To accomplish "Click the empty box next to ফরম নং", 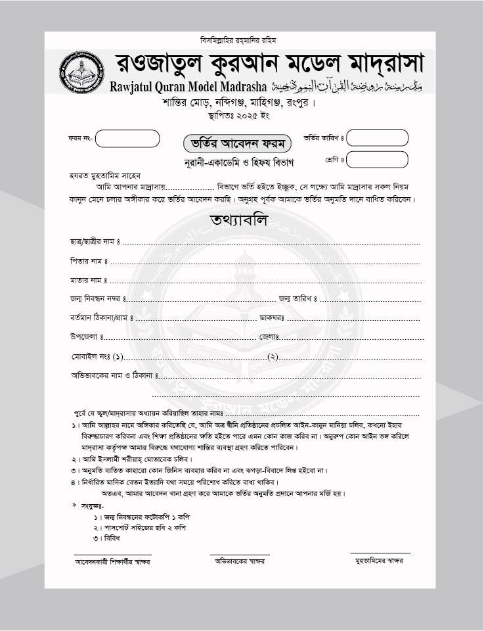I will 128,139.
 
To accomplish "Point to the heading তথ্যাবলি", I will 239,220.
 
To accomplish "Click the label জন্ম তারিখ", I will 297,299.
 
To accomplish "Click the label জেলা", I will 269,337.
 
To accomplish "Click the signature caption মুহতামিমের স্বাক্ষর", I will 379,561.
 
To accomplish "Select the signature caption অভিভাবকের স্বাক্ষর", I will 239,562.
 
